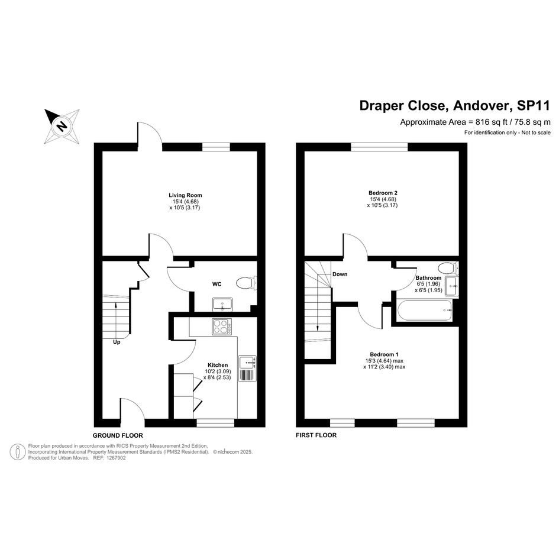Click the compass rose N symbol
tap(62, 126)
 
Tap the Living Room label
tap(185, 195)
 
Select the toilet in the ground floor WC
tap(246, 283)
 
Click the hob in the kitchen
tap(222, 327)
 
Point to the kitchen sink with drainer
tap(247, 369)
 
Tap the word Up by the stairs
tap(117, 342)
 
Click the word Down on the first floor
tap(340, 274)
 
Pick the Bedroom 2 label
tap(383, 193)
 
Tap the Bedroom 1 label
tap(384, 354)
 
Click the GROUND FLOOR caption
tap(118, 435)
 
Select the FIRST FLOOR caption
tap(316, 435)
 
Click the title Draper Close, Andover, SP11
tap(455, 105)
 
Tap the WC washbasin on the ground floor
tap(222, 304)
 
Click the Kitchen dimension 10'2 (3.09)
tap(218, 371)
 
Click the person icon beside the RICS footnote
tap(18, 452)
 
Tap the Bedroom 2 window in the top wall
tap(379, 147)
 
